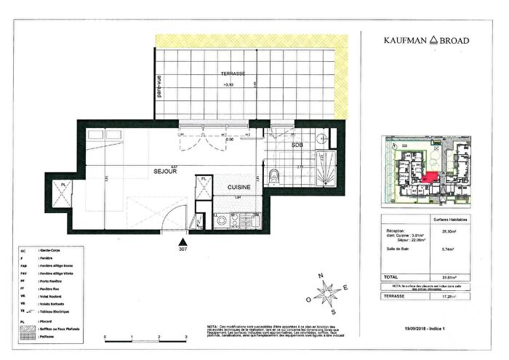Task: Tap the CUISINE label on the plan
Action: [239, 187]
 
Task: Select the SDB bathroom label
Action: [298, 145]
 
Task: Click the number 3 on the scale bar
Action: [186, 337]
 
